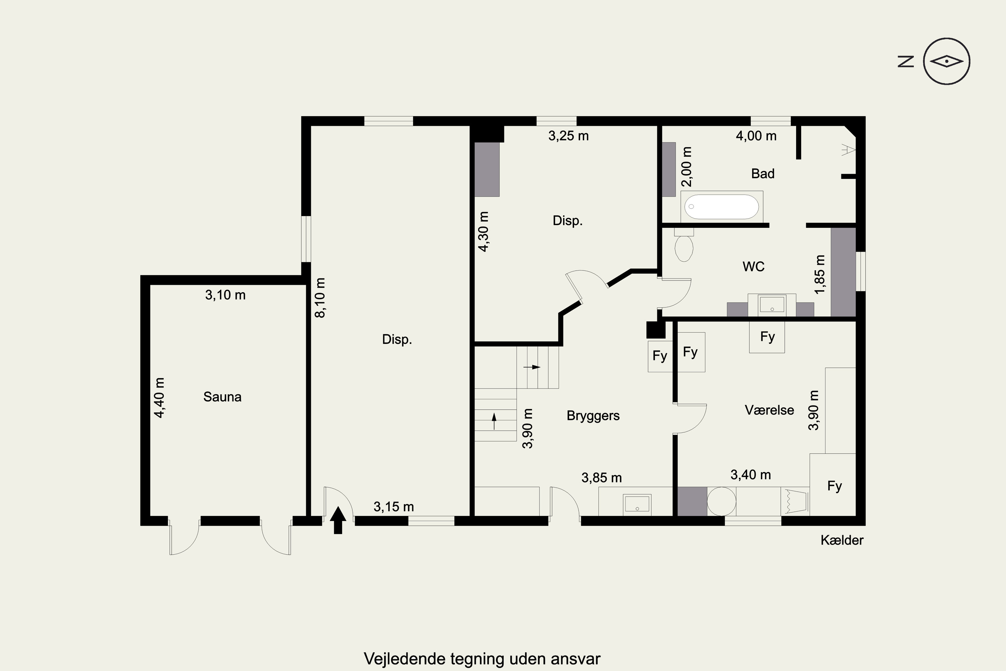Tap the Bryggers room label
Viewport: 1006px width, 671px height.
[x=593, y=416]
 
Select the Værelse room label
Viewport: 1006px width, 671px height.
[x=770, y=410]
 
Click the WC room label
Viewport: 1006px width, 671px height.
[x=753, y=267]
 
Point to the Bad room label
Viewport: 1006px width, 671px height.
[x=763, y=173]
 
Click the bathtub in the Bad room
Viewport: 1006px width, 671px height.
[x=722, y=207]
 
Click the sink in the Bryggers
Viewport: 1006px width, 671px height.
[x=637, y=503]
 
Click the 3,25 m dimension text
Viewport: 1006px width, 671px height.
[x=568, y=136]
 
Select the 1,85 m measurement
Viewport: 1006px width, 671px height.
[x=820, y=274]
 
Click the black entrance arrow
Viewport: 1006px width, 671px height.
[x=338, y=520]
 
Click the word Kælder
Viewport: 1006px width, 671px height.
[x=842, y=540]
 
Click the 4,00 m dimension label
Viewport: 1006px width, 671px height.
[x=756, y=136]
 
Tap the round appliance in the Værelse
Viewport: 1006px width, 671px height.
[x=722, y=501]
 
